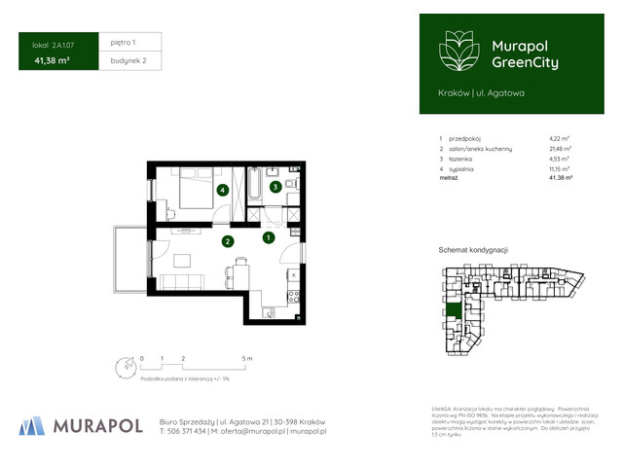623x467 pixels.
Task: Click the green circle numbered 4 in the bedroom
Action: click(223, 191)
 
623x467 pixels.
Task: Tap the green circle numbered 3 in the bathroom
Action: click(275, 187)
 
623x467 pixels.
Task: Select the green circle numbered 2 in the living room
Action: click(227, 241)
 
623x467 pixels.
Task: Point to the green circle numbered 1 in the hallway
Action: click(269, 236)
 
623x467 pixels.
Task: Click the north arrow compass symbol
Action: click(124, 368)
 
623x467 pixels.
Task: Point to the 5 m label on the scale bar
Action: click(247, 359)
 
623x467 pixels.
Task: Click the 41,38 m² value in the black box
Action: click(51, 61)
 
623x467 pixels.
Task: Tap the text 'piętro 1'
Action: click(124, 43)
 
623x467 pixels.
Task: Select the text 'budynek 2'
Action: click(128, 60)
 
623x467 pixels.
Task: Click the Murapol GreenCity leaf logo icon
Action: click(457, 50)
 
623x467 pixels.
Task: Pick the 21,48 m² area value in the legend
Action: click(559, 148)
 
